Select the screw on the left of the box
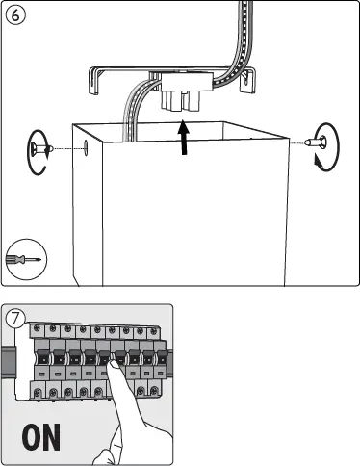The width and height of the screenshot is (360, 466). point(40,148)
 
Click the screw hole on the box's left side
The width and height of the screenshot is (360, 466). point(87,147)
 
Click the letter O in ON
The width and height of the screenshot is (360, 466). point(33,436)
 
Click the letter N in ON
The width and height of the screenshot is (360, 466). point(56,436)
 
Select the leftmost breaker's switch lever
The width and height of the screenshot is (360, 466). point(41,371)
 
